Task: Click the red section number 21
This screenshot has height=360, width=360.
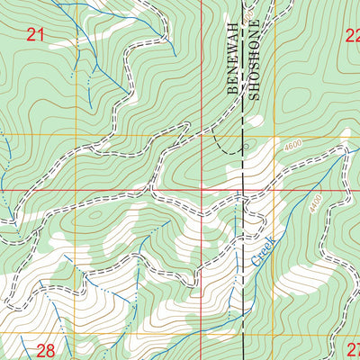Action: [x=35, y=35]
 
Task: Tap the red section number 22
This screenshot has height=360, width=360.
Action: [x=351, y=35]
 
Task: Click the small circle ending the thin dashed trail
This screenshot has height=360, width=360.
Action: [x=244, y=144]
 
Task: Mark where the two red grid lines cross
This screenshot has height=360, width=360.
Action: [x=202, y=190]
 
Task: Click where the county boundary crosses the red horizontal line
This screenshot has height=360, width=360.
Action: [x=243, y=190]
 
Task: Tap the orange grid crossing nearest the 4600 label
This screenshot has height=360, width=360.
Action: [x=275, y=135]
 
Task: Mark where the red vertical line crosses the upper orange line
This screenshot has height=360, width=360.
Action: [x=202, y=135]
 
